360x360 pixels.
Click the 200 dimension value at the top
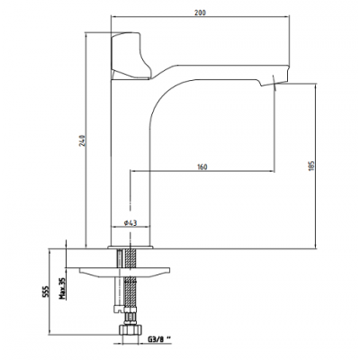pos(202,13)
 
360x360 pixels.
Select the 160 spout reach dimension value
pos(202,166)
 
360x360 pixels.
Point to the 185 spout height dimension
pos(311,166)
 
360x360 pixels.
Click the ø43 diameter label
pos(130,223)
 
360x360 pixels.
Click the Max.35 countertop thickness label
pos(62,288)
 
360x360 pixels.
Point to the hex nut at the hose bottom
pos(130,329)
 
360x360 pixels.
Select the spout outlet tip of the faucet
pos(274,83)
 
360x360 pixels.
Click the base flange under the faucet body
pos(130,247)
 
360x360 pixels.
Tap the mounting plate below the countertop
pos(124,271)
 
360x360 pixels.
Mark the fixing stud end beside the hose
pos(120,309)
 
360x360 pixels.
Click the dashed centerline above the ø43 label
pos(130,195)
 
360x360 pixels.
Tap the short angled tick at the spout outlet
pos(274,83)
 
